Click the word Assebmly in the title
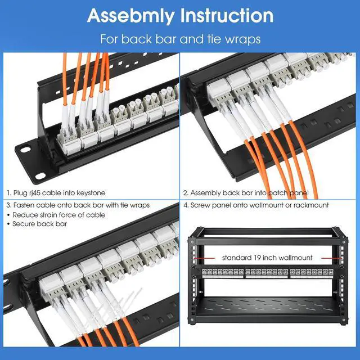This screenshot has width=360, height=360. pyautogui.click(x=128, y=16)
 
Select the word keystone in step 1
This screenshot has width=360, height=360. pyautogui.click(x=91, y=193)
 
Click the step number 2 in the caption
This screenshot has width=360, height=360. pyautogui.click(x=185, y=193)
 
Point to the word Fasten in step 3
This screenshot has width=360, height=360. pyautogui.click(x=23, y=205)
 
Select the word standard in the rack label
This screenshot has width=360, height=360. pyautogui.click(x=237, y=258)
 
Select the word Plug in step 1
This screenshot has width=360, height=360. pyautogui.click(x=20, y=193)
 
